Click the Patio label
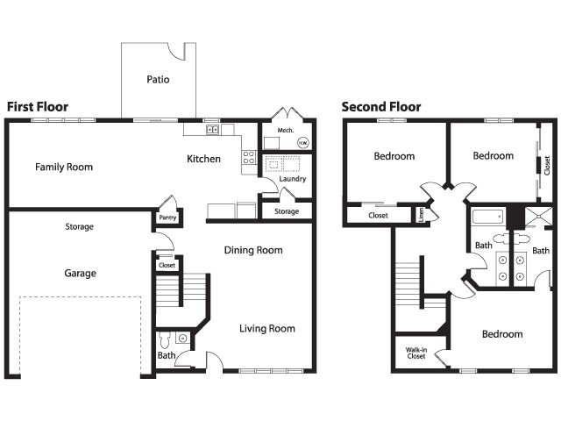point(158,80)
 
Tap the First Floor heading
point(38,107)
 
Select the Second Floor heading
point(381,107)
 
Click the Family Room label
point(64,167)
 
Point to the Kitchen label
point(203,159)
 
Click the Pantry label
point(167,218)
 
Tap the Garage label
point(80,273)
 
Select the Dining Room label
point(253,250)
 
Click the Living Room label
point(267,329)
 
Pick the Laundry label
point(293,180)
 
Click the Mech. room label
point(285,131)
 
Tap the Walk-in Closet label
point(415,353)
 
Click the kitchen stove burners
point(249,158)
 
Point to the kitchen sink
point(212,130)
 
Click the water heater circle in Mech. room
point(302,142)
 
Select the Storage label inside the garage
point(79,227)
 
